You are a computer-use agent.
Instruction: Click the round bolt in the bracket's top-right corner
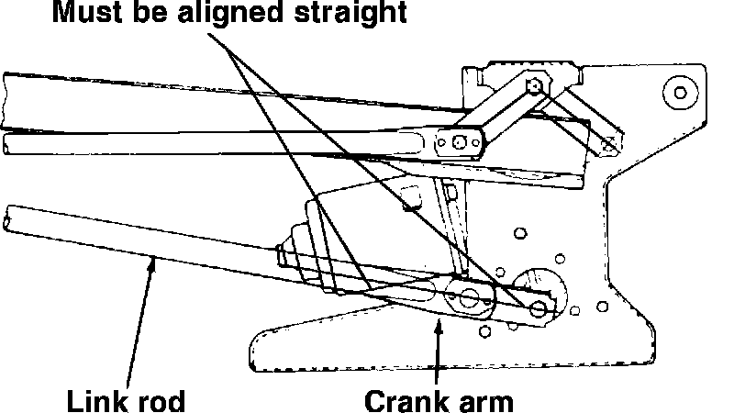(x=679, y=92)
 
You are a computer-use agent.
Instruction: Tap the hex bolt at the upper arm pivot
(x=535, y=87)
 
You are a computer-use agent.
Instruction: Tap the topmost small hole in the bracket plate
(x=520, y=230)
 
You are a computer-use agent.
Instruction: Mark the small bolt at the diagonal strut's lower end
(x=606, y=142)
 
